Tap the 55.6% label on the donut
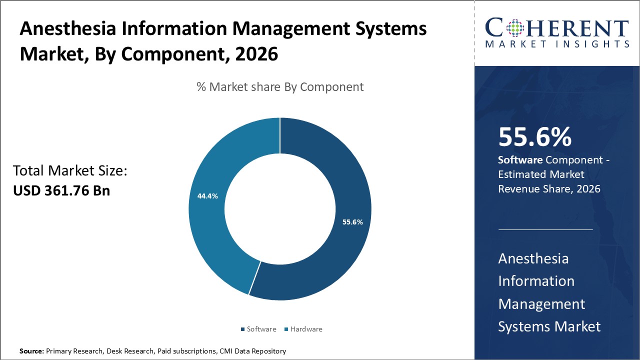click(x=352, y=222)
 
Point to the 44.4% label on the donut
click(x=207, y=196)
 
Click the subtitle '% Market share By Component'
click(x=280, y=86)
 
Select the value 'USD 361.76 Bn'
click(x=61, y=190)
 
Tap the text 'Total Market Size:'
click(x=70, y=171)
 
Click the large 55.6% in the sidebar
click(x=535, y=137)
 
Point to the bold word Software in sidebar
click(x=520, y=160)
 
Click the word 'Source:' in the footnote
click(x=31, y=351)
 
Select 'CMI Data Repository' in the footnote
click(x=252, y=351)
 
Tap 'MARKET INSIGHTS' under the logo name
click(x=556, y=44)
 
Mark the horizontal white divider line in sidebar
click(x=545, y=230)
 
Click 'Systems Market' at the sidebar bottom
click(x=549, y=326)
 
